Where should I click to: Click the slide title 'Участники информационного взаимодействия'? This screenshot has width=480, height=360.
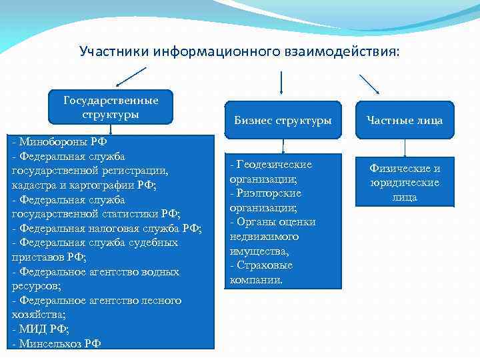click(x=240, y=51)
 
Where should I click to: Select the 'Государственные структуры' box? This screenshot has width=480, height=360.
click(x=111, y=107)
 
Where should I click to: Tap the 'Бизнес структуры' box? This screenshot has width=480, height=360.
click(x=283, y=121)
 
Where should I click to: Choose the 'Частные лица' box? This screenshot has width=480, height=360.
click(x=405, y=121)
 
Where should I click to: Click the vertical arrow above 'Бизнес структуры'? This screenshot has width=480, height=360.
click(x=281, y=84)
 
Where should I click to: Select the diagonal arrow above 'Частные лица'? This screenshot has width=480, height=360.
click(x=369, y=84)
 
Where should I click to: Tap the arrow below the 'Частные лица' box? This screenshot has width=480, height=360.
click(x=405, y=149)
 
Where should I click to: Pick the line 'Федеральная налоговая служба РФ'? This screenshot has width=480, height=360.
click(x=107, y=228)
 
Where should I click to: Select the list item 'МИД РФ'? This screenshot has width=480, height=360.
click(x=44, y=329)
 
